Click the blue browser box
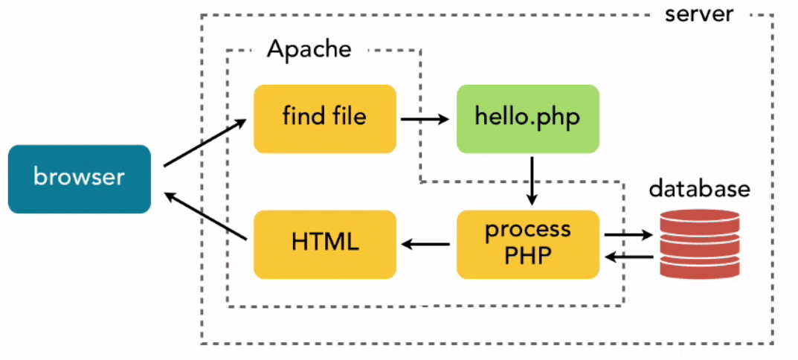pyautogui.click(x=80, y=179)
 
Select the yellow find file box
pyautogui.click(x=324, y=118)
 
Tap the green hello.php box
pyautogui.click(x=527, y=118)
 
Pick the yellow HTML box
pyautogui.click(x=324, y=243)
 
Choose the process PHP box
pyautogui.click(x=527, y=243)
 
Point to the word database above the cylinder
pyautogui.click(x=699, y=189)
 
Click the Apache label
pyautogui.click(x=309, y=50)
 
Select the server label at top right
pyautogui.click(x=699, y=13)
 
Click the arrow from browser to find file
pyautogui.click(x=205, y=144)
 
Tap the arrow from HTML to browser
pyautogui.click(x=205, y=216)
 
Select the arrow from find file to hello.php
pyautogui.click(x=424, y=118)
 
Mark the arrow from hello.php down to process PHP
pyautogui.click(x=532, y=181)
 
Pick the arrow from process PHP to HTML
pyautogui.click(x=426, y=243)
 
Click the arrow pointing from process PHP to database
pyautogui.click(x=628, y=235)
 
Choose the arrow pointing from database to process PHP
pyautogui.click(x=628, y=257)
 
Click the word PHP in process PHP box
pyautogui.click(x=527, y=255)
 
